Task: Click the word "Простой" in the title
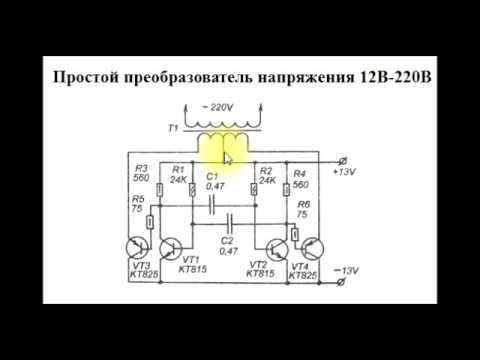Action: coord(86,77)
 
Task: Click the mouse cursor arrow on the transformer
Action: coord(227,157)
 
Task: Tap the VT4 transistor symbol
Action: coord(311,251)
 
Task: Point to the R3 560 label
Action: coord(141,173)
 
